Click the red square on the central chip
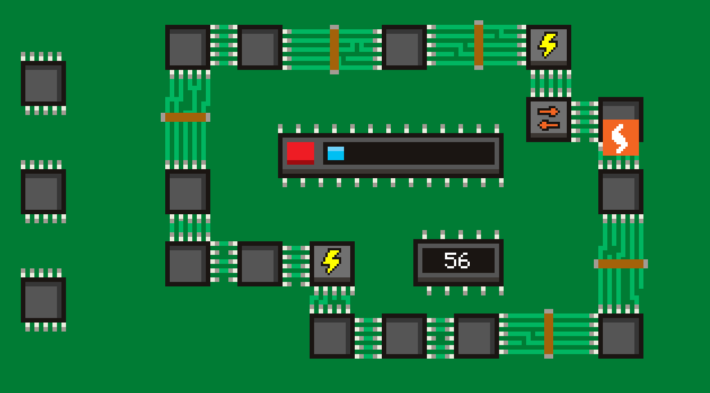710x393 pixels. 301,153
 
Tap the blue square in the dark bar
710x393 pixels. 336,153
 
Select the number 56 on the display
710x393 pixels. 457,260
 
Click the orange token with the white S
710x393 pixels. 620,137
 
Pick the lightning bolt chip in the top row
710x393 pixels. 548,46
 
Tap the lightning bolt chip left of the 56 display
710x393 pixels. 332,263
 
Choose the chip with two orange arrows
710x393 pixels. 548,119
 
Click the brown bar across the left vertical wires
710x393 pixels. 186,117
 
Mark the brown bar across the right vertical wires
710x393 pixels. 620,263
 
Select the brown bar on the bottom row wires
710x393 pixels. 549,333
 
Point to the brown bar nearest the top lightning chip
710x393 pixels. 479,45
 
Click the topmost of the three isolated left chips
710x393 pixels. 43,83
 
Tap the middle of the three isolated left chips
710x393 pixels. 43,191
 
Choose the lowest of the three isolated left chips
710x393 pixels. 43,299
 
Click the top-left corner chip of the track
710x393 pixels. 187,47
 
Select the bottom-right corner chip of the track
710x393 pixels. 620,335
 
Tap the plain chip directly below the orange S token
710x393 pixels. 620,191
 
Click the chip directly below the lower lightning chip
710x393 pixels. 332,335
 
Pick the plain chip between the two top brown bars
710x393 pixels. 404,47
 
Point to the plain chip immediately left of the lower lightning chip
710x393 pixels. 259,263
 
